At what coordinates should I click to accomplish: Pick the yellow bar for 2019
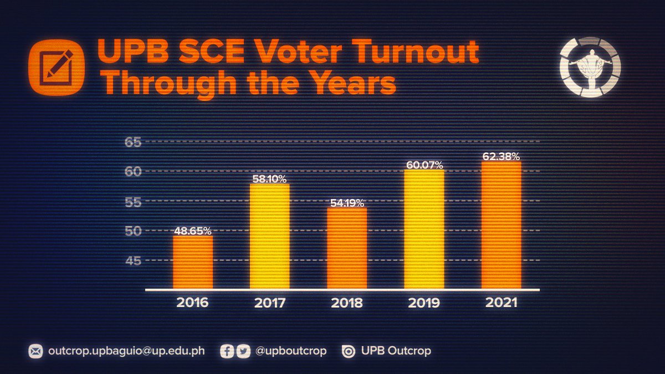424,229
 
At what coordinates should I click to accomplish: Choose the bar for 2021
501,225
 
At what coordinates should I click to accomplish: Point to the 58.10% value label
270,179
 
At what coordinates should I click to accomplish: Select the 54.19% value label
347,203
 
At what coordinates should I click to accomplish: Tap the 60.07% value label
424,165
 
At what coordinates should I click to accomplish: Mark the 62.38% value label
501,157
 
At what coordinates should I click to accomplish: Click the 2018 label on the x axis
347,304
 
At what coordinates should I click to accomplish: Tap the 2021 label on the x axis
501,304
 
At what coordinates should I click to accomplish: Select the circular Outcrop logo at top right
590,67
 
